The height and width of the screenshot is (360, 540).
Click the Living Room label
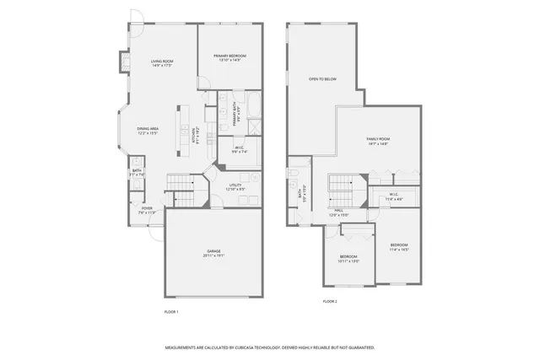pos(162,63)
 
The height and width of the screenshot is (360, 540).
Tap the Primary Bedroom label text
pos(229,57)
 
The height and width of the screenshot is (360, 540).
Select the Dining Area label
pos(148,131)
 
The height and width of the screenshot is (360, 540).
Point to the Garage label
pos(213,251)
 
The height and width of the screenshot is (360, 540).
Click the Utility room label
pos(237,186)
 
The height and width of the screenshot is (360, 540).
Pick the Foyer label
pos(147,210)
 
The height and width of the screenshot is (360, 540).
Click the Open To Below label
pos(322,79)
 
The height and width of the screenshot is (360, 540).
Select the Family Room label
pos(377,141)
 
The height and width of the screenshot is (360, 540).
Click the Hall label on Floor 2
pos(337,212)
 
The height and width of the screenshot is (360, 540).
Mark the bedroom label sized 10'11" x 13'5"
pos(349,258)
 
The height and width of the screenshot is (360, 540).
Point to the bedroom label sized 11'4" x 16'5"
pos(398,248)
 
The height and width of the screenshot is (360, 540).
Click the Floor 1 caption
pos(171,312)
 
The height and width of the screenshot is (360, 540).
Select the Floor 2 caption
pos(330,301)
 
